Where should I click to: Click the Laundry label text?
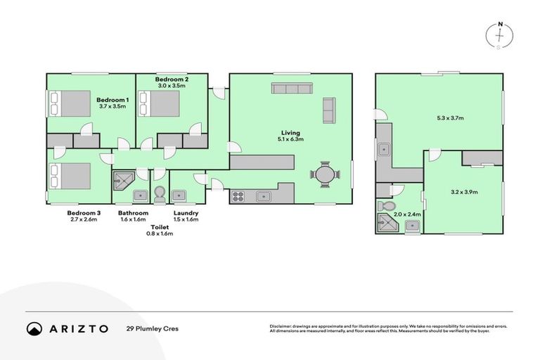(x=186, y=213)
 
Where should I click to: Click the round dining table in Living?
(x=323, y=174)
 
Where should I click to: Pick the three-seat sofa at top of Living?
(x=292, y=88)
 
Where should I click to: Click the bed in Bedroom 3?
(x=70, y=176)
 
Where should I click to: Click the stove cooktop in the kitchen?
(x=238, y=196)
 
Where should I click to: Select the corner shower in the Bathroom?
(x=122, y=181)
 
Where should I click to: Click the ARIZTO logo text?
(x=79, y=328)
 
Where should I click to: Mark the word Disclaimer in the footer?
(x=281, y=326)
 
